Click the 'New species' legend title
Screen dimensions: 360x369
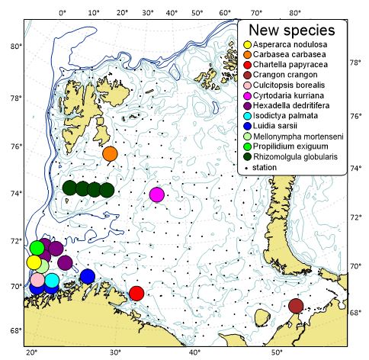pos(293,31)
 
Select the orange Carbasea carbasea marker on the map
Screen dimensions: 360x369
pos(110,153)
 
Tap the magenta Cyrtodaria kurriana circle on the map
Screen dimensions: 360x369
pos(157,194)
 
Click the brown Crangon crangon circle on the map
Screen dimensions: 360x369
pos(296,306)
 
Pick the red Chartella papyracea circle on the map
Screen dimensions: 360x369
pos(136,294)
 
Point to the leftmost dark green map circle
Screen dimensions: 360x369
pos(69,188)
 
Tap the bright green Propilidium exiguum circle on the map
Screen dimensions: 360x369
pos(37,248)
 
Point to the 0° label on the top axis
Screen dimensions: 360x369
pos(63,13)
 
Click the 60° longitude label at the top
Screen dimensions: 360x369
pos(226,13)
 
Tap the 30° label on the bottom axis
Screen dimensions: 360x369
pos(115,352)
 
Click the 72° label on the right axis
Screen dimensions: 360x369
pos(355,217)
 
